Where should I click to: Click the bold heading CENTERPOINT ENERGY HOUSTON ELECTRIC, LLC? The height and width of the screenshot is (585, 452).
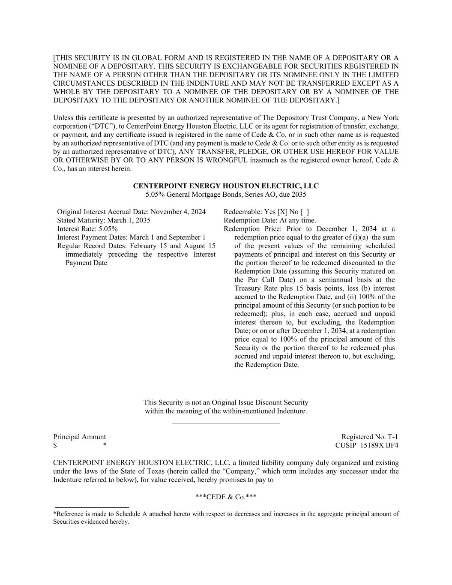(x=226, y=186)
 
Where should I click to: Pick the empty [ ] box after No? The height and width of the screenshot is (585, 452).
(x=305, y=212)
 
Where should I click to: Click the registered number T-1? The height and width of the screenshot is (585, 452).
(x=393, y=437)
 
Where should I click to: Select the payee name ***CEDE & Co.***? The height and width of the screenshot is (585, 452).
(x=226, y=497)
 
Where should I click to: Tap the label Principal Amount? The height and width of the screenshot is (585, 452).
(x=79, y=437)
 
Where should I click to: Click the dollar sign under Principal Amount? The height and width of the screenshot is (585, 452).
(x=55, y=445)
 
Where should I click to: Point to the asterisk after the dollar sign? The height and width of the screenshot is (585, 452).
(x=105, y=446)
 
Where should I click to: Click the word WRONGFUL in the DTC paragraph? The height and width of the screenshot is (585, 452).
(x=230, y=160)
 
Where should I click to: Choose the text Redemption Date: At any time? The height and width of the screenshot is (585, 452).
(x=270, y=220)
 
